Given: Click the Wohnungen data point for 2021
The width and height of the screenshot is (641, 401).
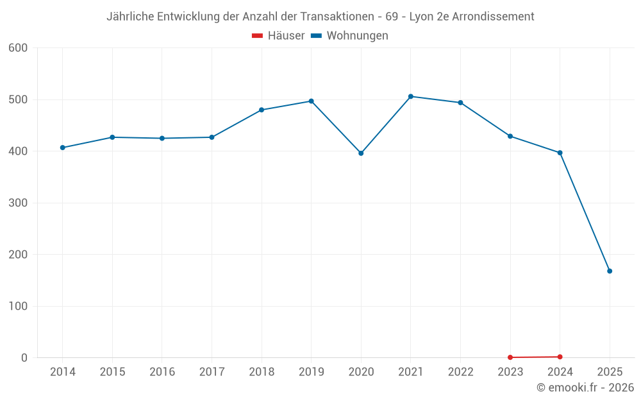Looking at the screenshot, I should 411,96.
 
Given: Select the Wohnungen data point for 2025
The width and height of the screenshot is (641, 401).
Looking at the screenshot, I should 610,271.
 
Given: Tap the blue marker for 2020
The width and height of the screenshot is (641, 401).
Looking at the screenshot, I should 361,153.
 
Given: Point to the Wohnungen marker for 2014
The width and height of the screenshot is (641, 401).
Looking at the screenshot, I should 63,148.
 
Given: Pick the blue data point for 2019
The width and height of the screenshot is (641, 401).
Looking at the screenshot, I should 312,101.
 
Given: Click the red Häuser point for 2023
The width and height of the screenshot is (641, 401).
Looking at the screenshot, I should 510,357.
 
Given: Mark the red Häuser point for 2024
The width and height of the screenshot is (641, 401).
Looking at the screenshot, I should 560,357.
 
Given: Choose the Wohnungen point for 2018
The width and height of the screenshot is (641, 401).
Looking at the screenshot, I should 262,110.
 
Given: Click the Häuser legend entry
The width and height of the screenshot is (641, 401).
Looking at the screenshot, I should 278,36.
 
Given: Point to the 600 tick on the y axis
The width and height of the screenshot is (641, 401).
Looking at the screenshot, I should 19,48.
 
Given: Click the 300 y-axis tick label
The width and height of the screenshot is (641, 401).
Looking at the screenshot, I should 19,203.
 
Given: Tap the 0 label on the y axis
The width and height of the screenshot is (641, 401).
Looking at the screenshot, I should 24,358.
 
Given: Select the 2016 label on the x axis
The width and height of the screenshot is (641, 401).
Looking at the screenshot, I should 162,372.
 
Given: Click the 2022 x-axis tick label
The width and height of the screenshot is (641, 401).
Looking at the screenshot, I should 460,372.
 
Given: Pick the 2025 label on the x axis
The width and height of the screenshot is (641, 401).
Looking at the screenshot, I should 610,372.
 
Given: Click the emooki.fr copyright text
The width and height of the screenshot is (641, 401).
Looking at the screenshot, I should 585,388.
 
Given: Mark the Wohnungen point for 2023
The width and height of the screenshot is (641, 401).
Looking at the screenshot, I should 510,136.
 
